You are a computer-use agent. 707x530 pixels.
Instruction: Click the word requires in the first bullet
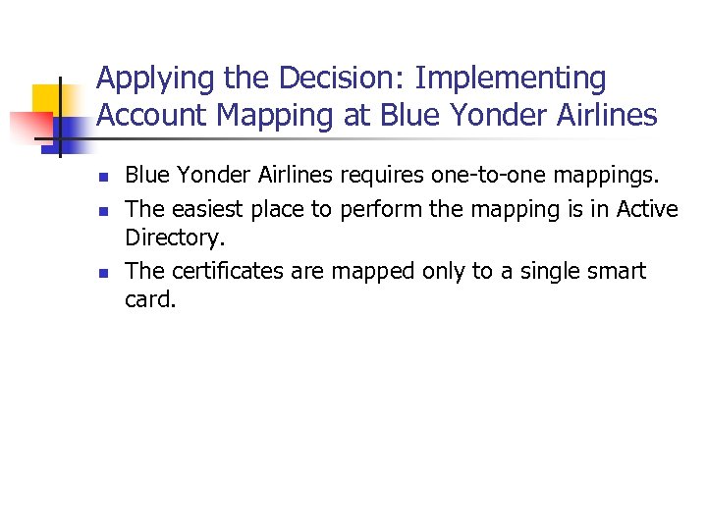point(382,177)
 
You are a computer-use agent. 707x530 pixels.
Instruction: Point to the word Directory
point(171,238)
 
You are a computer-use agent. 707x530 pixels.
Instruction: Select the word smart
point(614,270)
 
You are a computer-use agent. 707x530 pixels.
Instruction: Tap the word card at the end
point(148,299)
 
